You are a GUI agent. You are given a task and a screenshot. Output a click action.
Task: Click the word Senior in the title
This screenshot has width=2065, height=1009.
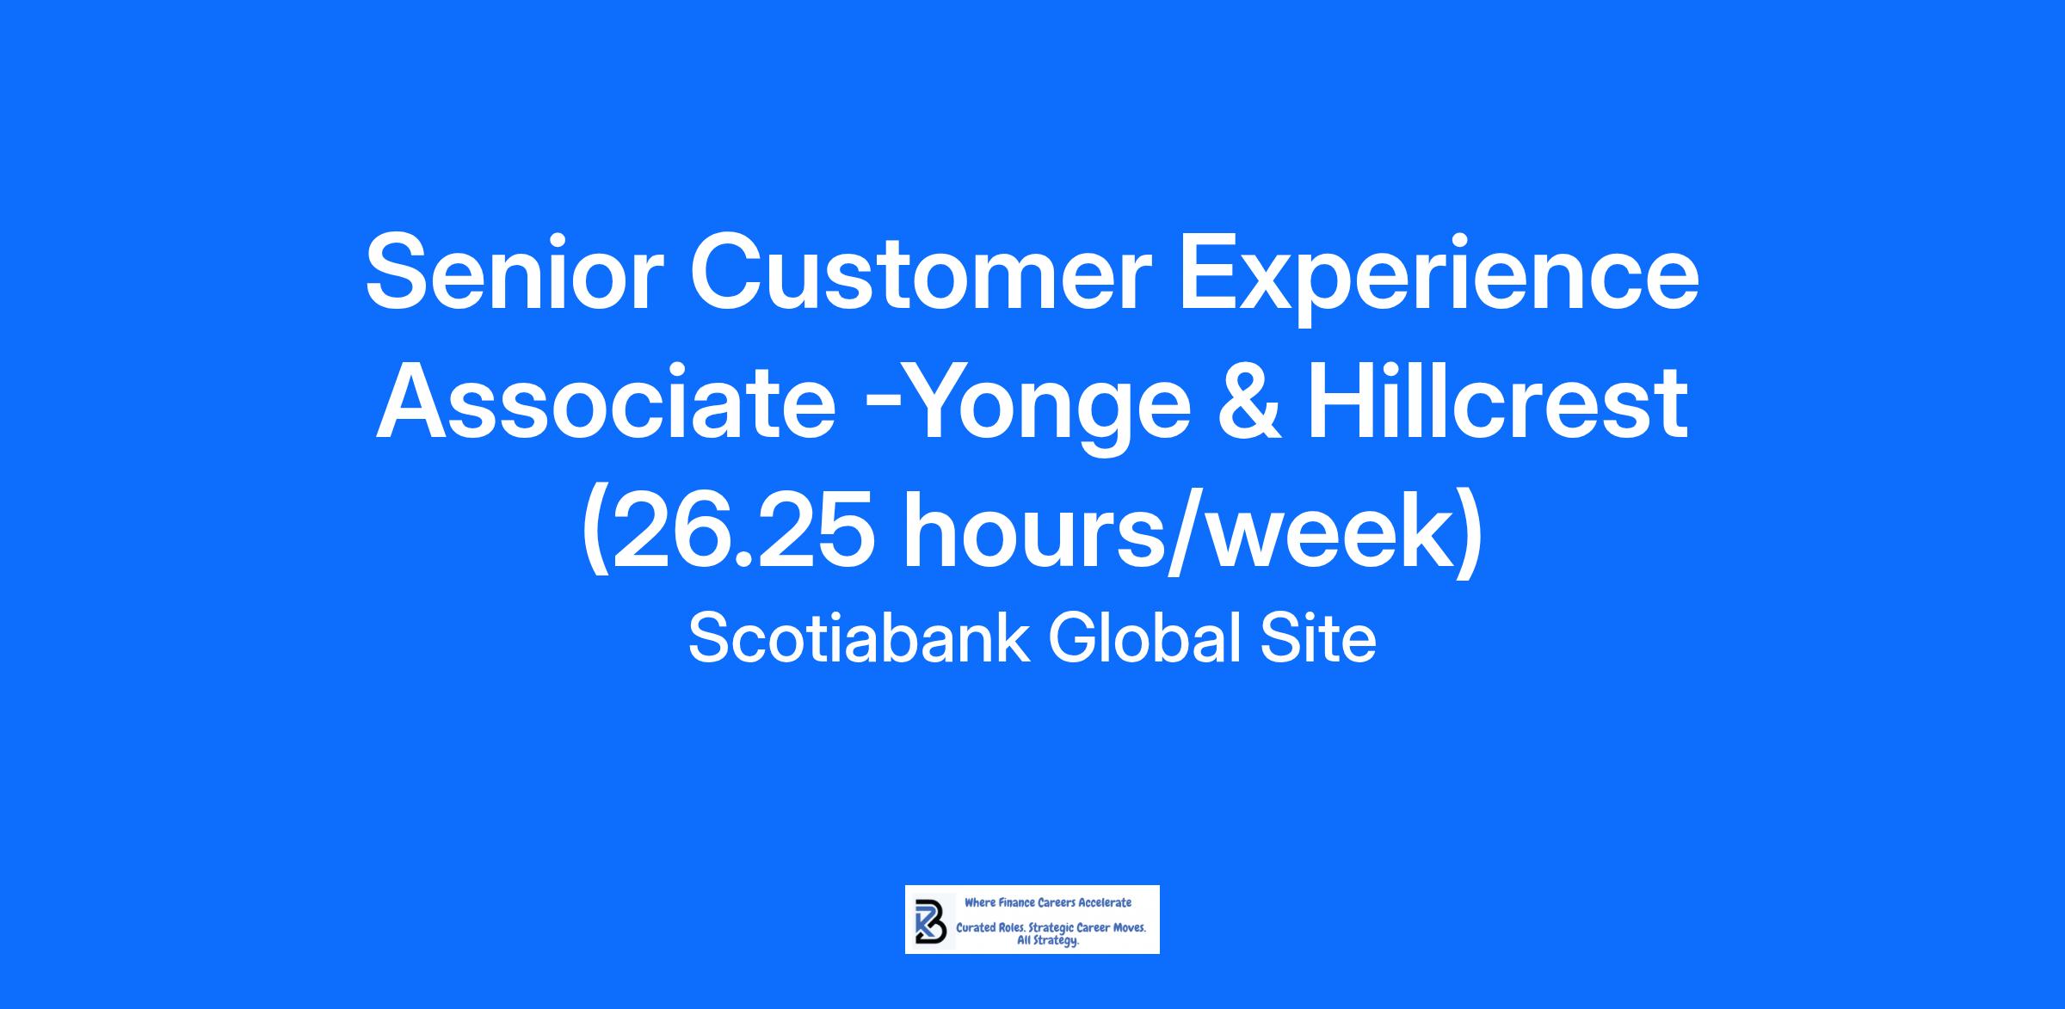515,272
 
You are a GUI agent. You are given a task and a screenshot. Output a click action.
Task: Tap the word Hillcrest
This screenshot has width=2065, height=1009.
1497,402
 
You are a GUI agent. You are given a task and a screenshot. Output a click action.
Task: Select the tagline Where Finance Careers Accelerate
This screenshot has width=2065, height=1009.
1047,902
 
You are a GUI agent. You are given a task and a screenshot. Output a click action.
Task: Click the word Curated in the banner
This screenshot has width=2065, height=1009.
976,928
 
